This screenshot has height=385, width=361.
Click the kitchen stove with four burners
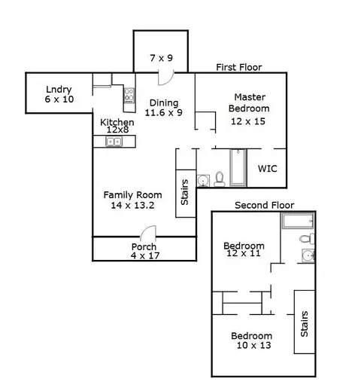[129, 96]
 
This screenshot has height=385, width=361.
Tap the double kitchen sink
[114, 142]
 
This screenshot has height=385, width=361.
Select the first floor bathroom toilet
[220, 179]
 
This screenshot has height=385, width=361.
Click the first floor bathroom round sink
[203, 181]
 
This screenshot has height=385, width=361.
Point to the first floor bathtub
[238, 167]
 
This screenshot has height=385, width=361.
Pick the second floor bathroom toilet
[307, 239]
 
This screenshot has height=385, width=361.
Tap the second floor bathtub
[298, 221]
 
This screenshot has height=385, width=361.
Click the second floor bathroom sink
[308, 255]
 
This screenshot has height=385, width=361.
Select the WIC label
[268, 169]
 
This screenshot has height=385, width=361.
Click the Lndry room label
[59, 90]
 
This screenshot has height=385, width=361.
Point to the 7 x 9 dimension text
[162, 58]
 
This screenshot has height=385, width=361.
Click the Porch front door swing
[148, 231]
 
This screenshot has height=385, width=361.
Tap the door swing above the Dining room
[166, 78]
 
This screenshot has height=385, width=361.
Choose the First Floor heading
[239, 67]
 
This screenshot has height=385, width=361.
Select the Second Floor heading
[265, 205]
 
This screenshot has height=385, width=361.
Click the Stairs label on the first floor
[184, 192]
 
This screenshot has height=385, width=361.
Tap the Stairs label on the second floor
[304, 324]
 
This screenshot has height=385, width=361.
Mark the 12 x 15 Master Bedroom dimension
[248, 121]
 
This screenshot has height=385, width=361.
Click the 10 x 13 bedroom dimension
[254, 345]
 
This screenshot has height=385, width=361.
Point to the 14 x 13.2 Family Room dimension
[132, 205]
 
